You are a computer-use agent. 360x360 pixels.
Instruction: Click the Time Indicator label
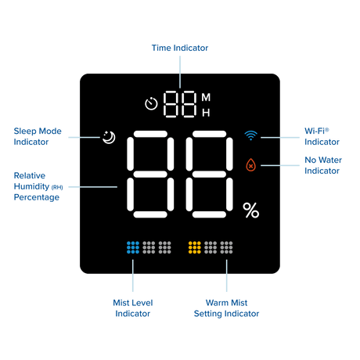coord(180,48)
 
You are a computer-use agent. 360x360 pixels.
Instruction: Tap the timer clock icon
coord(151,103)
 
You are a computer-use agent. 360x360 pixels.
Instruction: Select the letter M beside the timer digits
coord(206,97)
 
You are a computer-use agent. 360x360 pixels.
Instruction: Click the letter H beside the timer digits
coord(206,113)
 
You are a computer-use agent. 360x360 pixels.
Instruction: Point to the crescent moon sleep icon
coord(109,137)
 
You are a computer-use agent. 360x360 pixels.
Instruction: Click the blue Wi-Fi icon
coord(250,135)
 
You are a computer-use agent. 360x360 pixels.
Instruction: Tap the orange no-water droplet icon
coord(250,165)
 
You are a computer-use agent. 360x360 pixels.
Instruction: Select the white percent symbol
coord(251,211)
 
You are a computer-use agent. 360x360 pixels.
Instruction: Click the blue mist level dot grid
coord(133,247)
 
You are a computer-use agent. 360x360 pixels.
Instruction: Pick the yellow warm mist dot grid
coord(195,247)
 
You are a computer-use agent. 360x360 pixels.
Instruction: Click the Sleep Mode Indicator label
coord(38,136)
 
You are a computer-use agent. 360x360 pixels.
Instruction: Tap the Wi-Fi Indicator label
coord(322,136)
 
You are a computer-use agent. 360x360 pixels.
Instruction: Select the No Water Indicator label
coord(323,165)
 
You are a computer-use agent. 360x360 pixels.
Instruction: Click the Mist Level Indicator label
coord(133,308)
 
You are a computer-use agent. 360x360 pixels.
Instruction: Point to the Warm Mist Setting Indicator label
coord(226,308)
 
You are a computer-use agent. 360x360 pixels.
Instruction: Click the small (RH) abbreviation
coord(57,187)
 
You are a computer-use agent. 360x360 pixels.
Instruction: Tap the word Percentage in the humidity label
coord(37,197)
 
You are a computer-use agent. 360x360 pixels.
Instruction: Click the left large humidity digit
coord(150,175)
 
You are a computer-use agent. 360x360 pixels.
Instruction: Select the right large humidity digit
coord(209,175)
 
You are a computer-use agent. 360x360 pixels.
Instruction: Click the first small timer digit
coord(171,104)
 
